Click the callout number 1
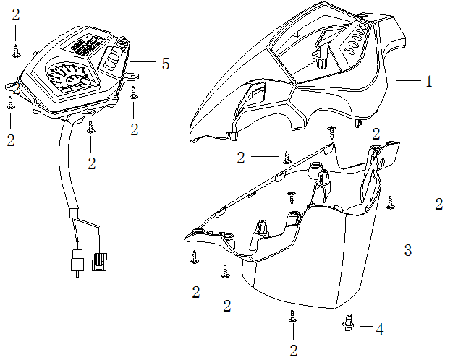(x=428, y=82)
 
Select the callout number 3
(x=408, y=251)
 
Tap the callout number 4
(x=380, y=330)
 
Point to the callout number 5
(x=166, y=64)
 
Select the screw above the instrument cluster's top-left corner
(x=16, y=49)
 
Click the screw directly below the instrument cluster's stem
(x=90, y=127)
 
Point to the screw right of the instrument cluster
(x=134, y=93)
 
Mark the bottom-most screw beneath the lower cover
(x=293, y=317)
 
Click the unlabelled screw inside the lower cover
(x=292, y=195)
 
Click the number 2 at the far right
(x=438, y=205)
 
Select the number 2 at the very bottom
(x=293, y=351)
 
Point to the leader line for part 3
(x=386, y=249)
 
